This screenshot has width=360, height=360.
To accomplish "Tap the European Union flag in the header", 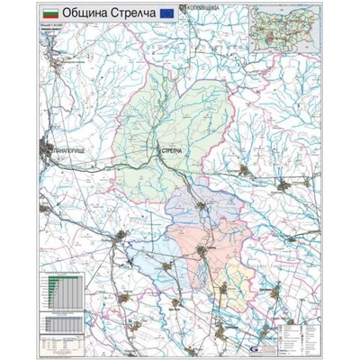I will [166, 13].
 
